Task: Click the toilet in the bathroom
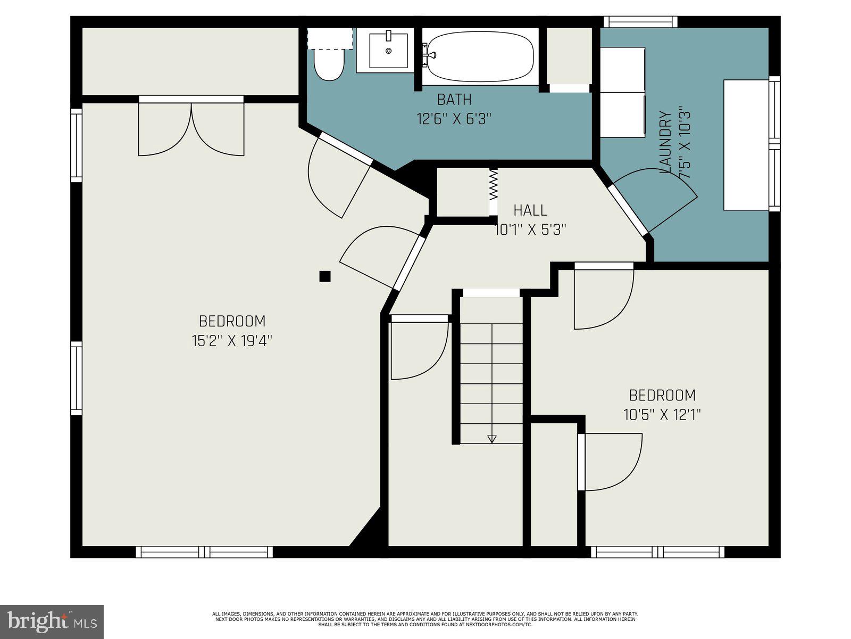click(x=329, y=64)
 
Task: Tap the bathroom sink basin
click(x=388, y=51)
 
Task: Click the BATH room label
click(x=454, y=100)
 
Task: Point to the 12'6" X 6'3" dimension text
click(x=453, y=118)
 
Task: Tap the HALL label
click(x=530, y=210)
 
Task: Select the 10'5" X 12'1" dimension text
click(x=662, y=415)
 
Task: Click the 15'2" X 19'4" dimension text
click(x=232, y=341)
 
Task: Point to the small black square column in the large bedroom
click(x=325, y=276)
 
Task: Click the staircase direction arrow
click(x=491, y=439)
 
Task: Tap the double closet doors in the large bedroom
click(x=191, y=128)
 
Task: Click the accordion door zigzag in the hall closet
click(x=494, y=184)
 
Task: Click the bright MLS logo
click(x=52, y=621)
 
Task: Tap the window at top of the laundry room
click(x=640, y=22)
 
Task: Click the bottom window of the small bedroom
click(x=657, y=552)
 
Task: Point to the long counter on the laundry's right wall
click(x=746, y=144)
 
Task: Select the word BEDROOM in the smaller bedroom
click(x=662, y=396)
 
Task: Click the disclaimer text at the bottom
click(x=424, y=619)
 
